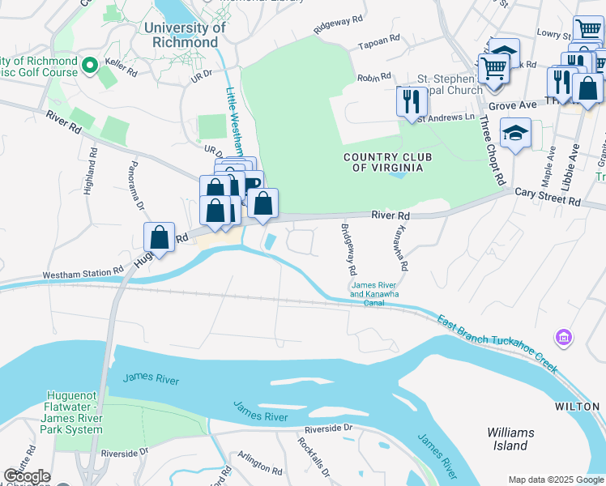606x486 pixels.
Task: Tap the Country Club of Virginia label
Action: coord(383,162)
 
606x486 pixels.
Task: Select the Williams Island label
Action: coord(511,439)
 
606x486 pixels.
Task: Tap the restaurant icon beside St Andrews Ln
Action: coord(412,102)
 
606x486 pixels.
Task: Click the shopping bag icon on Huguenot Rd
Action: coord(160,239)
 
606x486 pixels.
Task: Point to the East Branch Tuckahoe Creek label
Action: coord(497,343)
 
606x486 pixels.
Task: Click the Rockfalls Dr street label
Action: coord(309,454)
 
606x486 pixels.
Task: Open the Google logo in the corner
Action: coord(27,476)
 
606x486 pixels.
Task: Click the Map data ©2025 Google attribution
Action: coord(556,480)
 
